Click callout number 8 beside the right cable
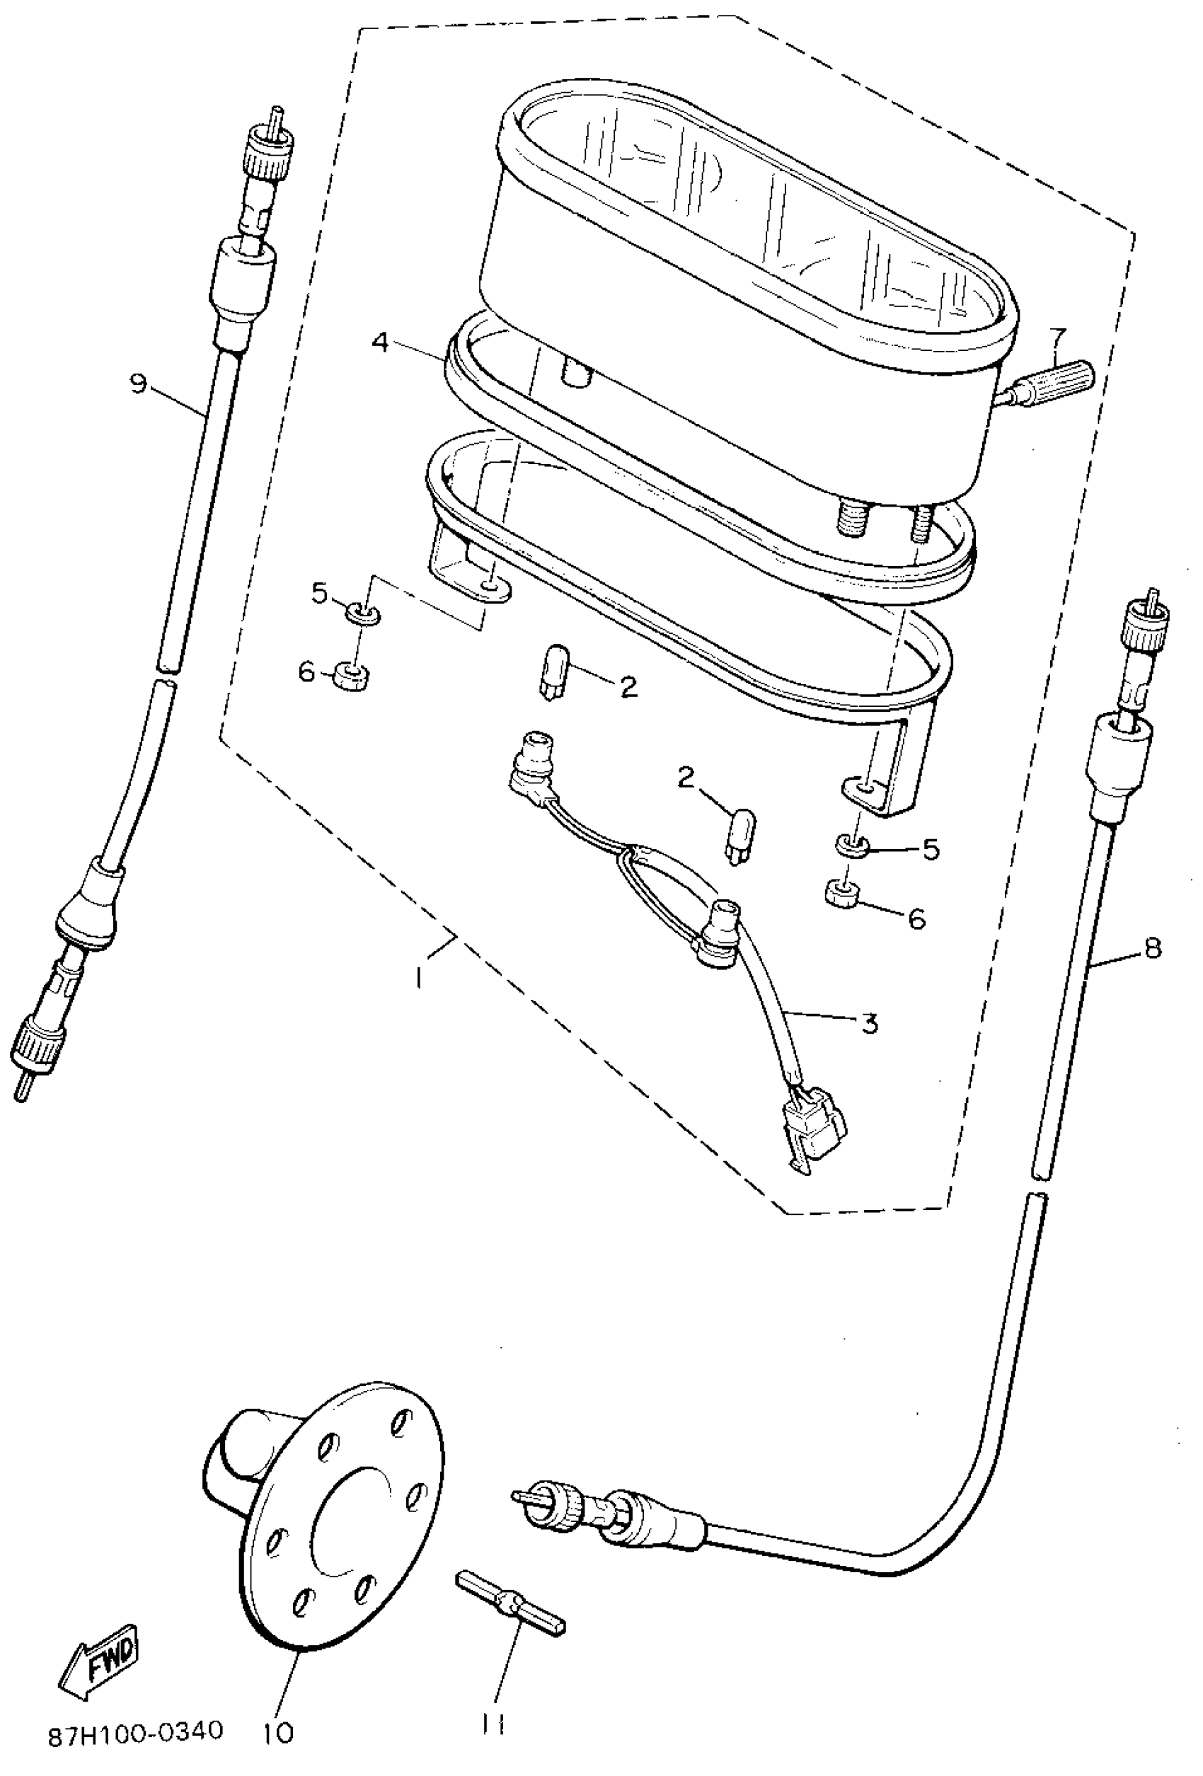[1152, 948]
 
